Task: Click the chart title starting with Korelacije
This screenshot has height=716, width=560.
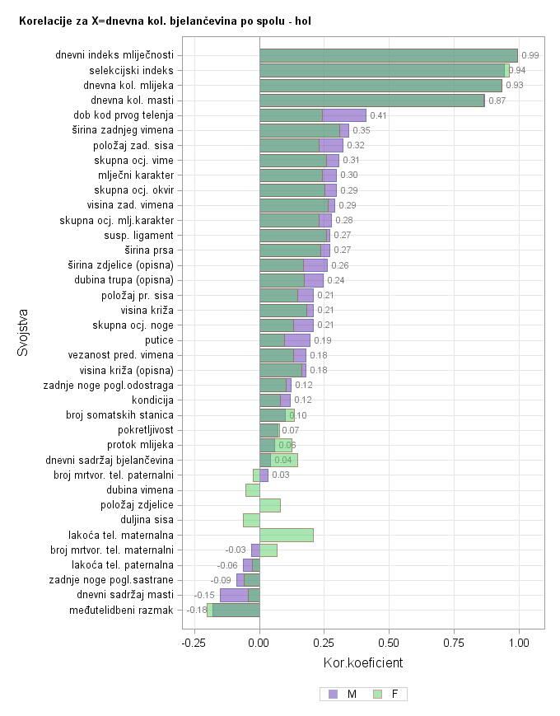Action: click(x=165, y=19)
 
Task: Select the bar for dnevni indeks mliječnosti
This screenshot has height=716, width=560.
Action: click(x=388, y=55)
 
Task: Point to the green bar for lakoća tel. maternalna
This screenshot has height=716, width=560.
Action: click(x=287, y=535)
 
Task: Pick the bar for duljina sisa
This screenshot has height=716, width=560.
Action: click(x=251, y=520)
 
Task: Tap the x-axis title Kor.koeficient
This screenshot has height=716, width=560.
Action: click(x=363, y=662)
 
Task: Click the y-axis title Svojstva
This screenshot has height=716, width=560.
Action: click(x=24, y=332)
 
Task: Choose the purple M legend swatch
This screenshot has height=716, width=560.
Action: click(x=333, y=694)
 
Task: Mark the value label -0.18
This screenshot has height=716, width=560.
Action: click(x=197, y=610)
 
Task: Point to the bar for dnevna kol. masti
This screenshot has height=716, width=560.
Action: click(x=371, y=101)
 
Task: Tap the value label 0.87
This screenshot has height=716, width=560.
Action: click(x=497, y=101)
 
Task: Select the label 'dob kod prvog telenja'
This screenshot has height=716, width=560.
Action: click(x=123, y=115)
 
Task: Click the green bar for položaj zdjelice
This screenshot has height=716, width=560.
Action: click(x=270, y=505)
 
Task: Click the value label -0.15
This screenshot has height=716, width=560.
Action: click(x=204, y=595)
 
